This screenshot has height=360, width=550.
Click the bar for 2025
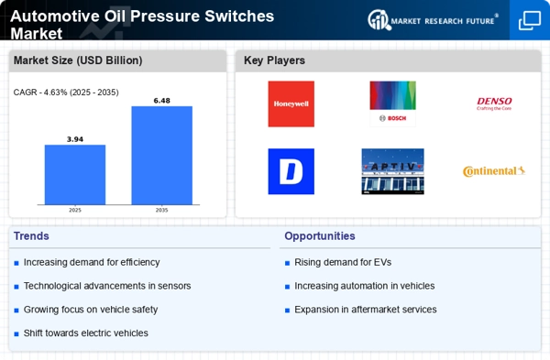pyautogui.click(x=75, y=174)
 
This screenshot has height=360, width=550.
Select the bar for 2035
pyautogui.click(x=161, y=155)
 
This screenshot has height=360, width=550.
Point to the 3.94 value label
pyautogui.click(x=75, y=138)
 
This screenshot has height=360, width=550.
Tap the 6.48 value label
pyautogui.click(x=161, y=100)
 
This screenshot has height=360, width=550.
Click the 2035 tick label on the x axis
pyautogui.click(x=161, y=210)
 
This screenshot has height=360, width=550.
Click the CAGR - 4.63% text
pyautogui.click(x=56, y=92)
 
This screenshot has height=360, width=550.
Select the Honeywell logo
pyautogui.click(x=291, y=104)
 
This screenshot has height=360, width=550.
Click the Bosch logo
pyautogui.click(x=392, y=104)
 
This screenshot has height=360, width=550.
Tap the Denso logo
pyautogui.click(x=494, y=104)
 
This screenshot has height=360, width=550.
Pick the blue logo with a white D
pyautogui.click(x=291, y=171)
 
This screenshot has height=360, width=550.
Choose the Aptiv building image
pyautogui.click(x=392, y=171)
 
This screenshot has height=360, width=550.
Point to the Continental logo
pyautogui.click(x=494, y=171)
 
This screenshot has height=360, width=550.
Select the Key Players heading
pyautogui.click(x=274, y=60)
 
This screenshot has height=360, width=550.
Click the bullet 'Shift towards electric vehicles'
pyautogui.click(x=85, y=333)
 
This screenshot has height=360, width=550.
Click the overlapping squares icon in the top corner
pyautogui.click(x=529, y=21)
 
